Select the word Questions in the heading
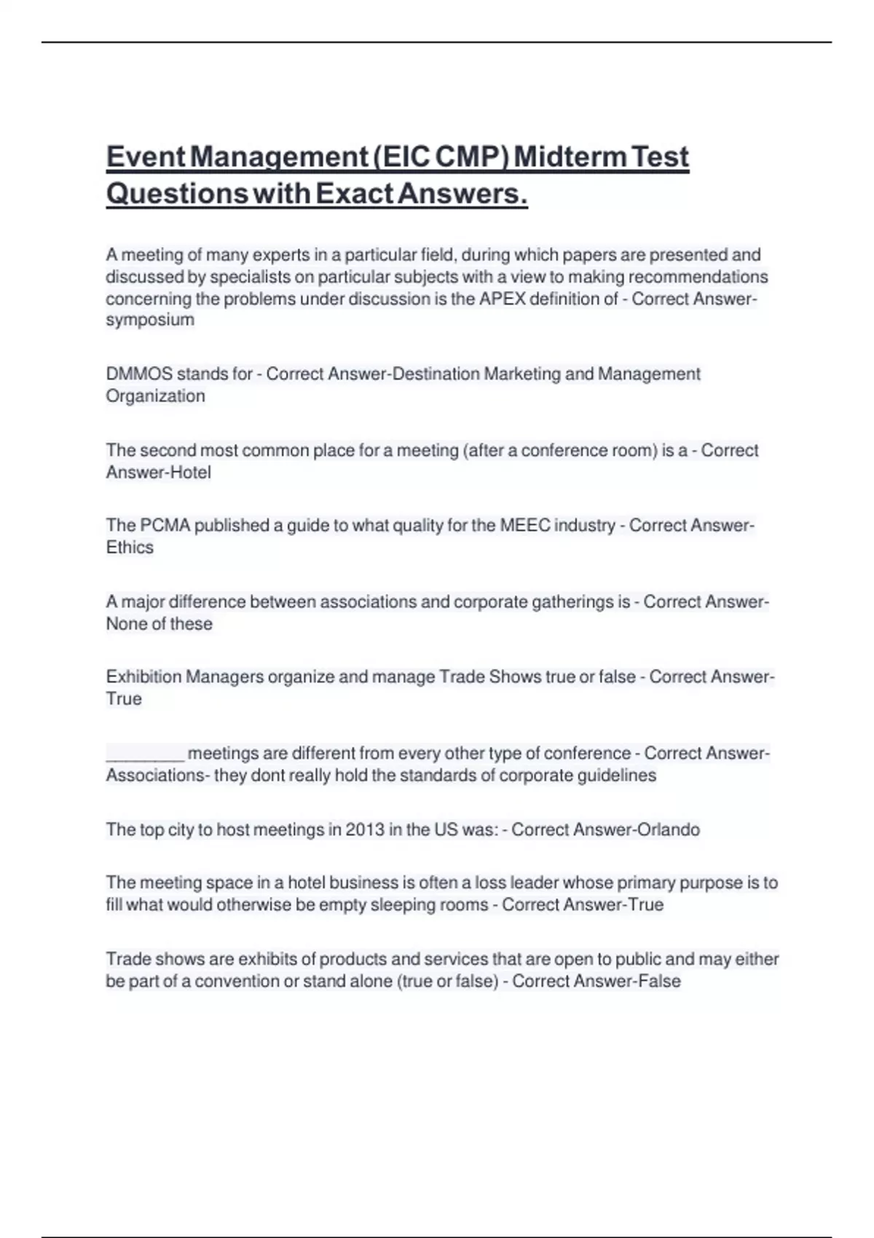tap(177, 194)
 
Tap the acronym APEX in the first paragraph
tap(502, 299)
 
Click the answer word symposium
tap(150, 320)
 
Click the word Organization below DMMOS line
tap(155, 396)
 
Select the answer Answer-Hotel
tap(159, 473)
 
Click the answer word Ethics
tap(130, 548)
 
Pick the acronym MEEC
tap(524, 526)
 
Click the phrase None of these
tap(159, 624)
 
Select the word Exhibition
tap(143, 677)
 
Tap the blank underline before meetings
tap(145, 754)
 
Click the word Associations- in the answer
tap(157, 776)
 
